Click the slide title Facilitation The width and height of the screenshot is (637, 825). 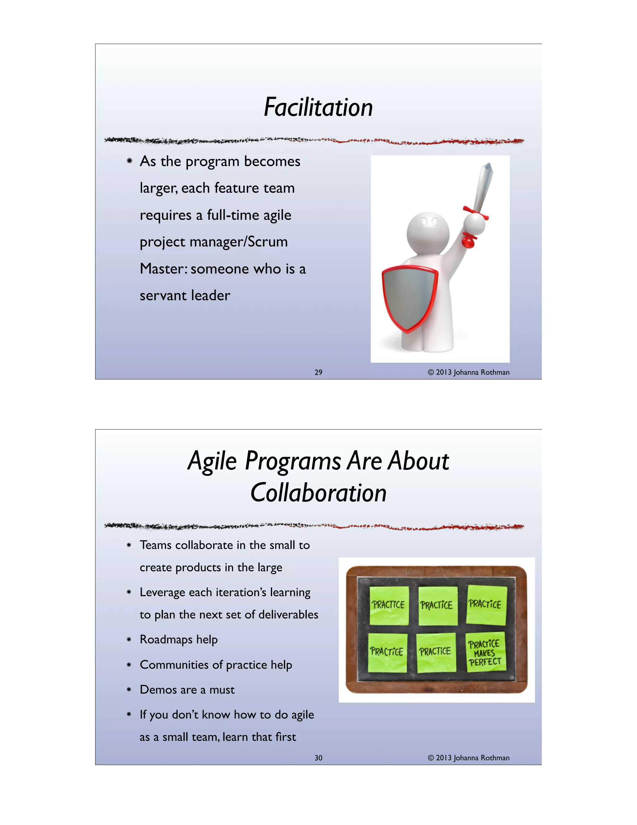[318, 107]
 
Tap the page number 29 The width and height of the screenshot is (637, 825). [318, 372]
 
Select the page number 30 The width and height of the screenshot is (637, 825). [318, 758]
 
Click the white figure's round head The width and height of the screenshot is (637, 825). [428, 231]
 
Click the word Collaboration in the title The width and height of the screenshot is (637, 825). [318, 493]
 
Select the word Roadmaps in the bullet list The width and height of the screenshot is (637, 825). [166, 639]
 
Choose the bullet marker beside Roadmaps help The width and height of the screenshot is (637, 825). [129, 640]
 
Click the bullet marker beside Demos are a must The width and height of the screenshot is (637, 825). [129, 690]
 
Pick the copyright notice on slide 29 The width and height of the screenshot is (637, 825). [468, 372]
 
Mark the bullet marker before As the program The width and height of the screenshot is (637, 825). [129, 161]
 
